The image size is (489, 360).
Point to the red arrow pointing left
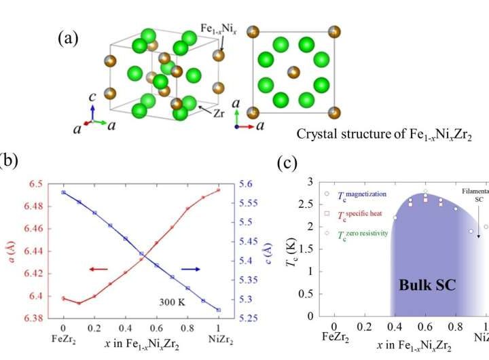[x=98, y=270]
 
